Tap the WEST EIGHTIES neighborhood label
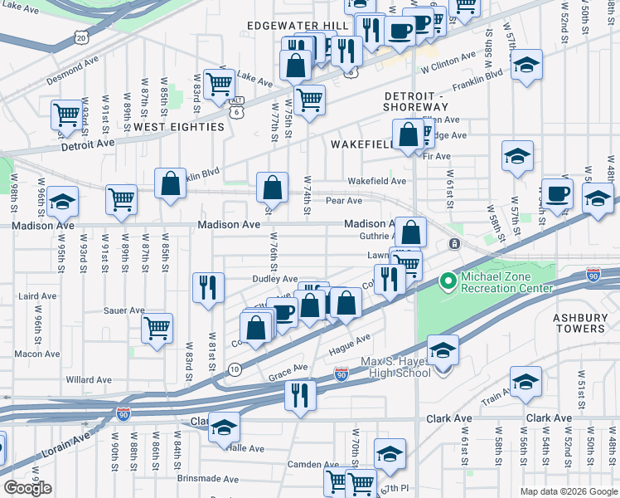point(179,127)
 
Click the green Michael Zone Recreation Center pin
point(448,282)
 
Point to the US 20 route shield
point(80,37)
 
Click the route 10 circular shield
point(235,369)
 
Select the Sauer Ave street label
point(124,310)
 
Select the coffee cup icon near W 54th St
point(557,193)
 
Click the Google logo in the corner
point(27,487)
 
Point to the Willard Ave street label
point(89,380)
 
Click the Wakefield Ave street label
point(376,181)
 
